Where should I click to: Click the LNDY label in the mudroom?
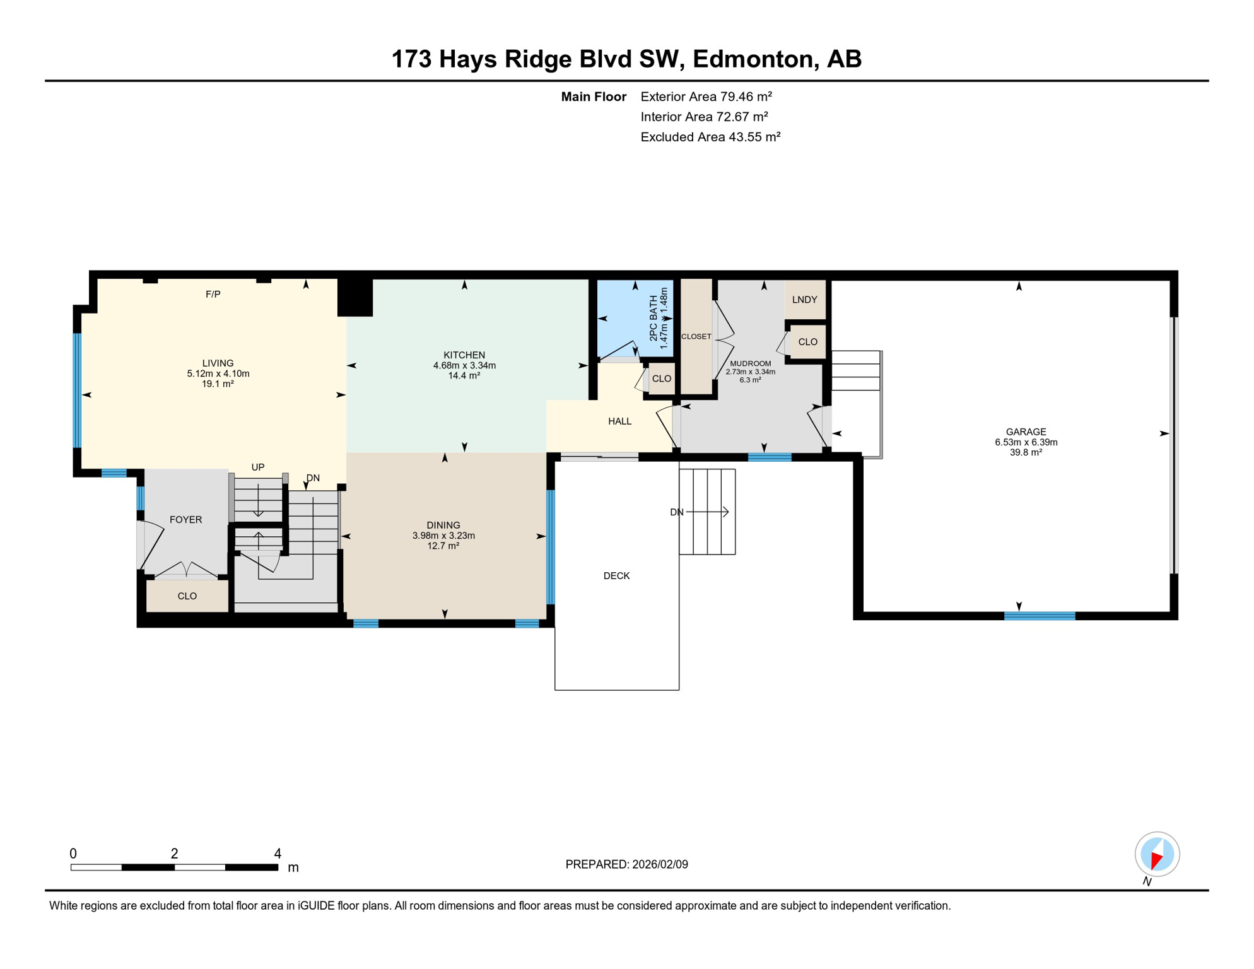coord(804,300)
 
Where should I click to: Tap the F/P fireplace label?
coord(213,295)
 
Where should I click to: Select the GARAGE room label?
coord(1026,432)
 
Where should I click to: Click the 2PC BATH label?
coord(653,319)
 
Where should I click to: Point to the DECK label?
coord(616,576)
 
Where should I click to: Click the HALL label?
coord(619,421)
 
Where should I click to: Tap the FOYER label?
coord(185,520)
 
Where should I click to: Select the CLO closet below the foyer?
coord(187,596)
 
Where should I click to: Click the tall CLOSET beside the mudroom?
coord(696,337)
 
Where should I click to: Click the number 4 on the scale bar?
coord(278,854)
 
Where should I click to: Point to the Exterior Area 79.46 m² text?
coord(706,97)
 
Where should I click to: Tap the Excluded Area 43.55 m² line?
coord(710,137)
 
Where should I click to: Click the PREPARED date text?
coord(626,864)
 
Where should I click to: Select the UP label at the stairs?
coord(257,467)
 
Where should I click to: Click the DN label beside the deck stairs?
coord(676,512)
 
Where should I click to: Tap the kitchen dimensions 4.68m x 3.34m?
coord(464,366)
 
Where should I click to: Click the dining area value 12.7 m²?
coord(443,546)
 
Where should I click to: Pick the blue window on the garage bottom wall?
coord(1040,616)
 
